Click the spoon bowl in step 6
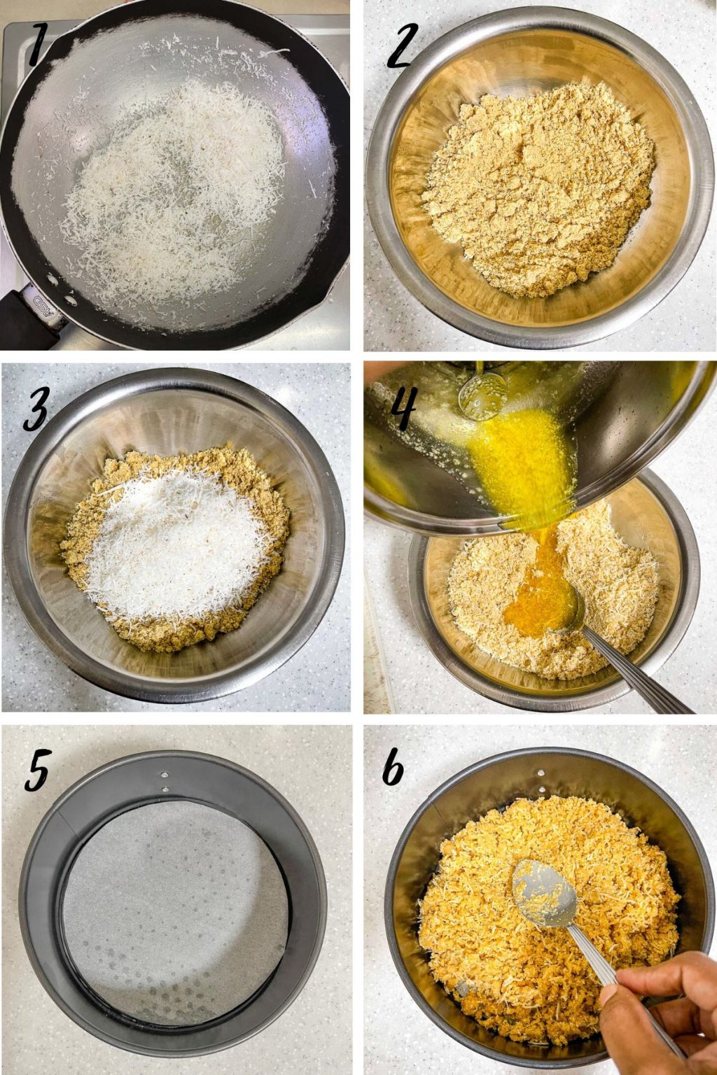[x=544, y=887]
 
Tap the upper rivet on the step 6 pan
[x=541, y=773]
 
